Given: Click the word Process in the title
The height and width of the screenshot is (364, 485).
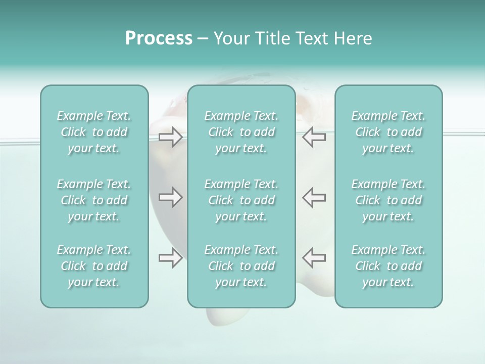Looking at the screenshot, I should (159, 38).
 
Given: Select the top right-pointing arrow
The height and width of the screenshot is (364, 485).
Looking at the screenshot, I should (171, 137).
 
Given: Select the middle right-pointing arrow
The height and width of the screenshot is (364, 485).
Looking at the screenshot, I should (171, 197).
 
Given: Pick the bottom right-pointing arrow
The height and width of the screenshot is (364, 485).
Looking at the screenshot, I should (171, 258).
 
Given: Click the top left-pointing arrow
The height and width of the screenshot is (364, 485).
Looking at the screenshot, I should (314, 137).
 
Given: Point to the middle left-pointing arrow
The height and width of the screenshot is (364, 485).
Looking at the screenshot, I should (314, 197).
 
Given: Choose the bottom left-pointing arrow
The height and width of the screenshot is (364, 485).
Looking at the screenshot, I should (314, 258).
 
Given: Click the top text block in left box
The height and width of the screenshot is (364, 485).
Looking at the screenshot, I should (94, 132).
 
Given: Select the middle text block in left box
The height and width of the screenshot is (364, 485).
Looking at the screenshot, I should (94, 200).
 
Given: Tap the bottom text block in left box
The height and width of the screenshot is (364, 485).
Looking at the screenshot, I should (94, 266).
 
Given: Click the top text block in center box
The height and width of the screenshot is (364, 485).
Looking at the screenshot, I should (241, 132).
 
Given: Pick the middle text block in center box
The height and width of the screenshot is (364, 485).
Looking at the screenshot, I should (241, 200).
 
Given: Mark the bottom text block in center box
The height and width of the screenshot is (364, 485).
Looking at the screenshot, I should (241, 266).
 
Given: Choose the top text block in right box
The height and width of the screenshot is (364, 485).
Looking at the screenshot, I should (389, 132).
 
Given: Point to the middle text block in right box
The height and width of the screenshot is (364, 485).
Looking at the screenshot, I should (389, 200).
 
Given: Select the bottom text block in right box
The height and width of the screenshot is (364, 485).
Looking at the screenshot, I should (389, 266).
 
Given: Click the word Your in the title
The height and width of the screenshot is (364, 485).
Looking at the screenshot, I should (230, 38).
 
